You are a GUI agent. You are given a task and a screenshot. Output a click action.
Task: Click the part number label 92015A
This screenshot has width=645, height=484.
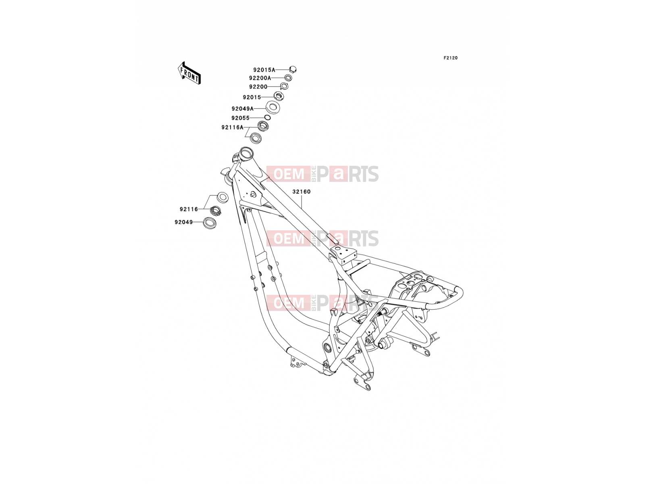click(264, 70)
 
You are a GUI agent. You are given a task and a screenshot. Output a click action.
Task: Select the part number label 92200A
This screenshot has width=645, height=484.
click(260, 78)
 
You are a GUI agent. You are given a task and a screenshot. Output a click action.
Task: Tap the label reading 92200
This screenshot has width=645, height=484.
click(258, 87)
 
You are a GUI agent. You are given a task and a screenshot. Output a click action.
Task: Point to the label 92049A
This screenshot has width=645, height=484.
click(242, 109)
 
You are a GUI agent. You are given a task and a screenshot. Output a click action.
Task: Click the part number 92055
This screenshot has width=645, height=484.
click(240, 118)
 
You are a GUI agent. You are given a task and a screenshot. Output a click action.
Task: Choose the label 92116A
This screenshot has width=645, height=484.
click(233, 127)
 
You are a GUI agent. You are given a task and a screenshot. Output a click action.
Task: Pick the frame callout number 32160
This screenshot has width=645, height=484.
click(302, 192)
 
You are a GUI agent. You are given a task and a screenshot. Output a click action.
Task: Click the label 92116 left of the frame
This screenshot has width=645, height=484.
click(189, 209)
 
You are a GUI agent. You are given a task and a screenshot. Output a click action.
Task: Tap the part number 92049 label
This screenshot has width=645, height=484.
click(184, 222)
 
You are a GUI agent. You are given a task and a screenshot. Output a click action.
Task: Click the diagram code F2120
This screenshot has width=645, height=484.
click(450, 58)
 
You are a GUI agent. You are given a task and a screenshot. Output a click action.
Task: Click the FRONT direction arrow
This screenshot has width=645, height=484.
click(189, 73)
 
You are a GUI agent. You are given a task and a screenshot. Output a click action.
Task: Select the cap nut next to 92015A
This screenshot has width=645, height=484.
click(293, 70)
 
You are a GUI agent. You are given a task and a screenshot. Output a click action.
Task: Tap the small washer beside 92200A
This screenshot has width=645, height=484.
click(288, 78)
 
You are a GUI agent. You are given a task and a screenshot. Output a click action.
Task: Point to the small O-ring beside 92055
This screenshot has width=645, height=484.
click(267, 117)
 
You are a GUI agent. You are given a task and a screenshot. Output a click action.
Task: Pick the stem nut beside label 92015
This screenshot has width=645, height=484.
click(279, 96)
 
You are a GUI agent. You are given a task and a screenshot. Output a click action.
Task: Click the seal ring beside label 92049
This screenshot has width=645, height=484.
click(210, 223)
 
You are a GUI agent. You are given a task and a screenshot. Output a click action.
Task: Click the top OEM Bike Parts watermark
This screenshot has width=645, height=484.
click(322, 174)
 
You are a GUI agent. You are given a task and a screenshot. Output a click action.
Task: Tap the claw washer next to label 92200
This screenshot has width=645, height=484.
click(284, 86)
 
